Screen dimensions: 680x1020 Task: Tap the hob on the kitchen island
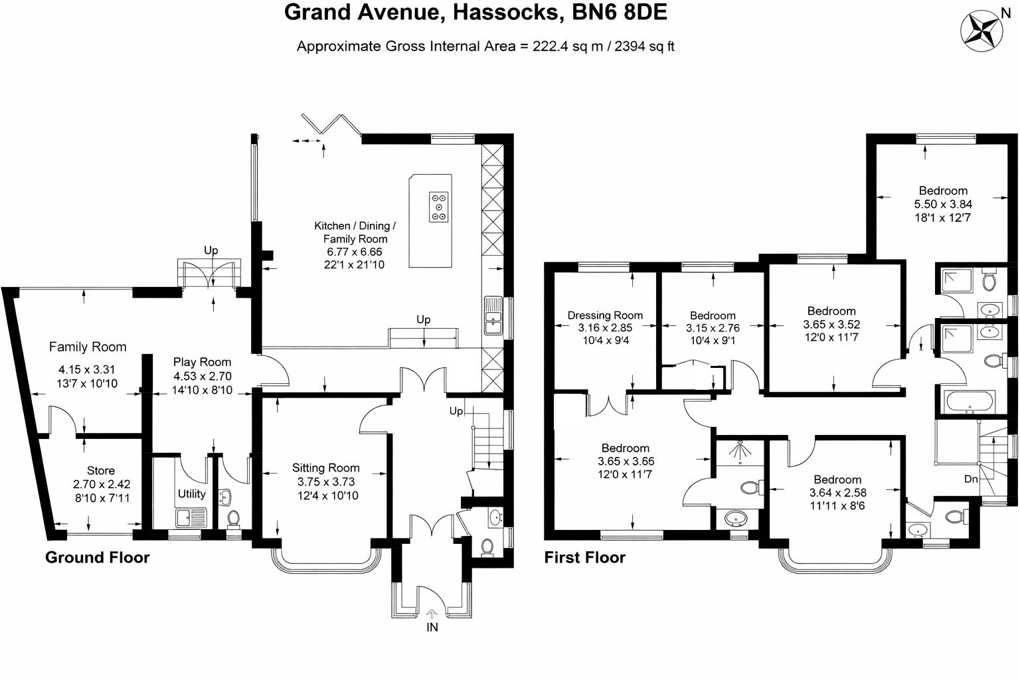click(x=439, y=207)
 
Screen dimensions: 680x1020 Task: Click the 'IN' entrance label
click(x=432, y=627)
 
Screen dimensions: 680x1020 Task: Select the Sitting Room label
click(x=325, y=468)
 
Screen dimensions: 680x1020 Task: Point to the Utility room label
click(x=191, y=494)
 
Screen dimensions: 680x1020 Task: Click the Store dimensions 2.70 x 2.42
click(x=101, y=484)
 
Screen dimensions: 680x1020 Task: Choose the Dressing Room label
click(x=605, y=315)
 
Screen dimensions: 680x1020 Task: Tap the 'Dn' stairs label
click(x=971, y=478)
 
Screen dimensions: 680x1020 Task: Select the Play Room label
click(x=202, y=362)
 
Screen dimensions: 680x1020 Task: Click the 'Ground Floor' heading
click(x=97, y=557)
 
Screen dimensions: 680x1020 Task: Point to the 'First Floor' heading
click(x=584, y=557)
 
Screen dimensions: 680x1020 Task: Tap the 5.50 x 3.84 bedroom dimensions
click(x=943, y=204)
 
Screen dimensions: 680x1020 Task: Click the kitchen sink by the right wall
click(x=493, y=317)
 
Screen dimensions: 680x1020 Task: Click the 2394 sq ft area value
click(x=645, y=46)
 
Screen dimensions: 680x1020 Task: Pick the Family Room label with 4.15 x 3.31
click(x=87, y=347)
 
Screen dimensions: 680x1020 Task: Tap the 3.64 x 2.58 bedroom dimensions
click(x=837, y=493)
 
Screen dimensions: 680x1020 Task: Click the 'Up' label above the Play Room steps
click(x=211, y=250)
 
